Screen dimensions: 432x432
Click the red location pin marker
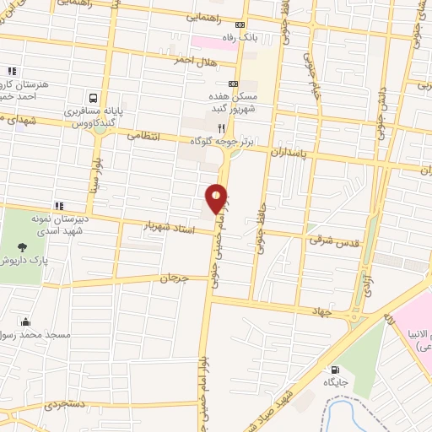[x=217, y=199]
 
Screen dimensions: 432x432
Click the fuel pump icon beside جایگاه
[x=337, y=370]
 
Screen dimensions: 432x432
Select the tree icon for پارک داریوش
[x=21, y=248]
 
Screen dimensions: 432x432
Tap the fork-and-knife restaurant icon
[x=221, y=128]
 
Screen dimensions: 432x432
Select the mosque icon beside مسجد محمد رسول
[x=24, y=321]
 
